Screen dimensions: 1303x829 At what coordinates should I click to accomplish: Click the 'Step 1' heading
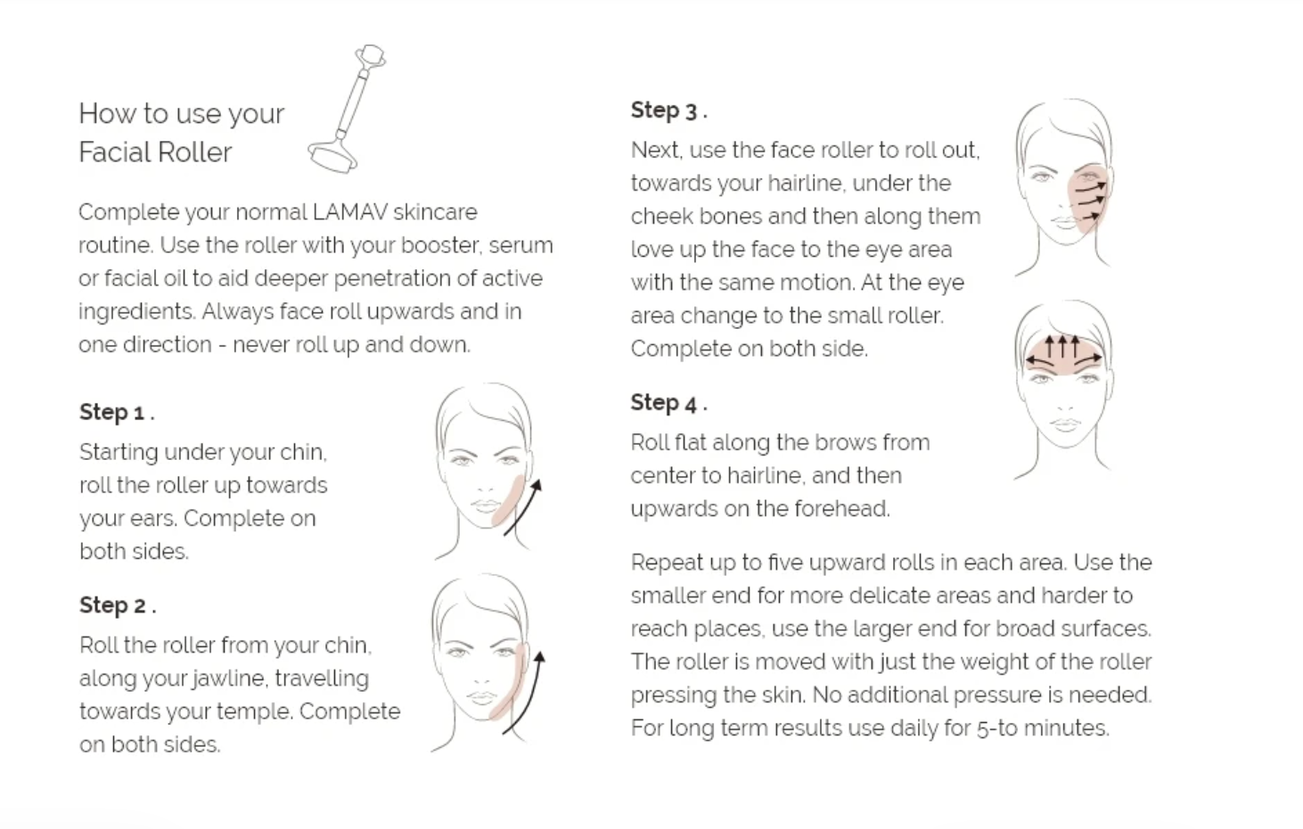(x=117, y=412)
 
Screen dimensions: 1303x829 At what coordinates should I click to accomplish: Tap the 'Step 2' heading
(x=118, y=605)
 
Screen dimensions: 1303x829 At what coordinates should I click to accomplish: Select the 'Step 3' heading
(x=669, y=111)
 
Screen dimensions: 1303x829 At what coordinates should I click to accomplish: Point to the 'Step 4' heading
(x=669, y=403)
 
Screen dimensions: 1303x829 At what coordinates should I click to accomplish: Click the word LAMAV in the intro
(x=350, y=212)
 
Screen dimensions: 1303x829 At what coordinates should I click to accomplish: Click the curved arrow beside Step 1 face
(x=523, y=507)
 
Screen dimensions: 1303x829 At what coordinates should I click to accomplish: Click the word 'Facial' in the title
(x=113, y=152)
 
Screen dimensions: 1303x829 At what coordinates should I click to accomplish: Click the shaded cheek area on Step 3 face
(x=1087, y=198)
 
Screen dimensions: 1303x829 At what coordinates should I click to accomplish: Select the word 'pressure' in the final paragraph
(x=999, y=695)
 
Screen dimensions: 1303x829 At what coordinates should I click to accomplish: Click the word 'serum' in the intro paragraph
(x=520, y=245)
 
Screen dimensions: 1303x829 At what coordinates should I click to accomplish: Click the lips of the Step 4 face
(x=1064, y=424)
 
